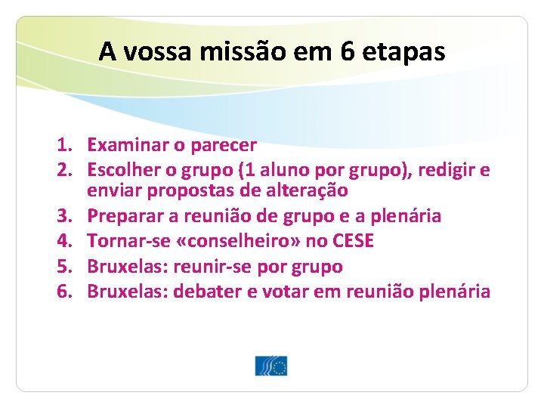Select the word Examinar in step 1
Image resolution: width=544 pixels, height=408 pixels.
pos(125,144)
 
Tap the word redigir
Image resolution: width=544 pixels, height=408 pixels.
pos(448,169)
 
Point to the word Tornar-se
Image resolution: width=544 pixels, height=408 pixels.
pos(125,241)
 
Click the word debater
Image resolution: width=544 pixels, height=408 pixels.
pos(206,292)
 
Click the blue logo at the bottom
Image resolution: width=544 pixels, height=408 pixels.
pos(271,366)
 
